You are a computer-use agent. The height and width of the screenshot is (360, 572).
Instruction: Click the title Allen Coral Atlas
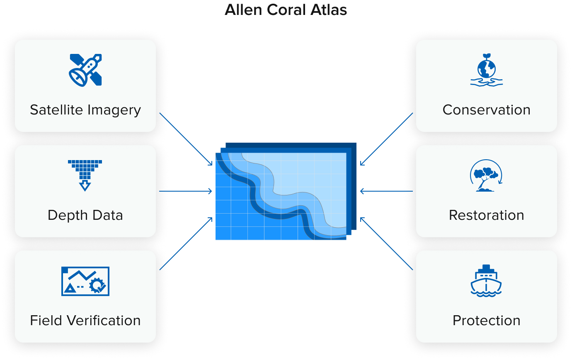click(286, 10)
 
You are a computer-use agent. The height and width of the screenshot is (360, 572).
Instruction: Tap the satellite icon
click(85, 70)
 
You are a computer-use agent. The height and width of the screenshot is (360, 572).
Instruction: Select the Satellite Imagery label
click(85, 110)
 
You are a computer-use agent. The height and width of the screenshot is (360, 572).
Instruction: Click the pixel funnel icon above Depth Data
click(85, 175)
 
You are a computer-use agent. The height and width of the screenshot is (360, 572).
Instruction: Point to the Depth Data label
click(85, 215)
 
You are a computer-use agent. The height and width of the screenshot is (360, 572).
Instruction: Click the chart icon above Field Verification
click(85, 281)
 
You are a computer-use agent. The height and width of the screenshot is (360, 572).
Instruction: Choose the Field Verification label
click(85, 321)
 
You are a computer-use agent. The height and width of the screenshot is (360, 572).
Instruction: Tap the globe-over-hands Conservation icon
click(487, 70)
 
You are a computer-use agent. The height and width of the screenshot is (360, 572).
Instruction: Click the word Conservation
click(487, 110)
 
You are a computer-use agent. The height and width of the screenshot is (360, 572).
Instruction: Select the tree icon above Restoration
click(486, 175)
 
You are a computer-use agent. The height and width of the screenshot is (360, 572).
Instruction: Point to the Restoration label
click(487, 215)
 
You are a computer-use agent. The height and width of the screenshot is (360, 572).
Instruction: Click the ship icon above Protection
click(486, 281)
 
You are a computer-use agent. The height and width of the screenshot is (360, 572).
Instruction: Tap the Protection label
click(487, 321)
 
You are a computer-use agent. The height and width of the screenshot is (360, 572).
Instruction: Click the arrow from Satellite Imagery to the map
click(186, 139)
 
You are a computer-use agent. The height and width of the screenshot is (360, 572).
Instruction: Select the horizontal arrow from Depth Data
click(186, 191)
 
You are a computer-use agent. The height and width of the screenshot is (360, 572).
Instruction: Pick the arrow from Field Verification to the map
click(186, 243)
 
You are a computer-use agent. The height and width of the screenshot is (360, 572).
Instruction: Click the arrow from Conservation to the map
click(386, 139)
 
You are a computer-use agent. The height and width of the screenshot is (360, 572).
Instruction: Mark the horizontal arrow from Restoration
click(386, 191)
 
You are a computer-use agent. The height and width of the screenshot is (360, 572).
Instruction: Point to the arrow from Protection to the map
click(386, 243)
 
